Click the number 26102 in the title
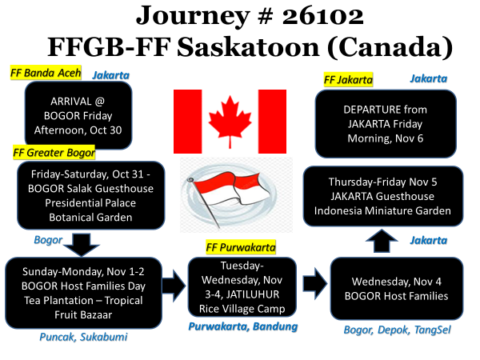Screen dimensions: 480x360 (x=322, y=16)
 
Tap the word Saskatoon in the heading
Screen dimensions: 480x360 (x=248, y=47)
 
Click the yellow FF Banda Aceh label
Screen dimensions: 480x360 (x=46, y=73)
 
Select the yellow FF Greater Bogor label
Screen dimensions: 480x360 (x=54, y=153)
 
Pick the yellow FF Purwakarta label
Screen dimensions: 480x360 (x=241, y=247)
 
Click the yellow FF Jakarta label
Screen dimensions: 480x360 (x=348, y=80)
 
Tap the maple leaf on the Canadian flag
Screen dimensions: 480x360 (x=230, y=122)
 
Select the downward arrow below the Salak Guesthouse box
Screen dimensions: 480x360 (x=82, y=244)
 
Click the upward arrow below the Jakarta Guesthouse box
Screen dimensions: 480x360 (x=382, y=241)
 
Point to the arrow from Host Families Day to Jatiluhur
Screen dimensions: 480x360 (x=174, y=286)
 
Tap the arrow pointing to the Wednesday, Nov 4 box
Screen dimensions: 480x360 (x=315, y=284)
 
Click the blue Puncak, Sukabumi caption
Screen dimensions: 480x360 (x=83, y=337)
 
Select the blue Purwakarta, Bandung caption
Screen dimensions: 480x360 (x=242, y=326)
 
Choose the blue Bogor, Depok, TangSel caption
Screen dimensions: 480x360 (x=397, y=330)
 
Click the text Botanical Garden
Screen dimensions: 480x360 (x=90, y=218)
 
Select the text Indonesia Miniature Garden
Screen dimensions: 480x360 (x=382, y=210)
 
